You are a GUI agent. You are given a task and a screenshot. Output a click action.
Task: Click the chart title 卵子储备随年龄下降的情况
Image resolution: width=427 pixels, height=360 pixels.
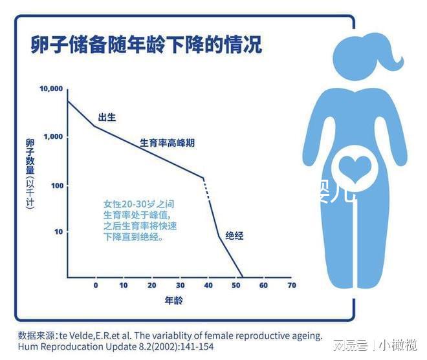click(146, 45)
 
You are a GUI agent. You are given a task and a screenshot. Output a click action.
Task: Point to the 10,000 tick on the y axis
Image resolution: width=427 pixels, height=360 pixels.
click(51, 89)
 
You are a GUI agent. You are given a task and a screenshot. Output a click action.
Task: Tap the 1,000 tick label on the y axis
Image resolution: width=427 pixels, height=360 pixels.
click(53, 137)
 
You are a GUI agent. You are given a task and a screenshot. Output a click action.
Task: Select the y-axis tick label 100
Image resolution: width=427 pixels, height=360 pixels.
click(57, 185)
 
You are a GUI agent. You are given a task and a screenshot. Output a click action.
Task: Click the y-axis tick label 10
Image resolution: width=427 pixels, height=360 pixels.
click(59, 231)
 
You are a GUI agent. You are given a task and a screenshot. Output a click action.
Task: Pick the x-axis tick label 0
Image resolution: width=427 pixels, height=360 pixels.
click(96, 285)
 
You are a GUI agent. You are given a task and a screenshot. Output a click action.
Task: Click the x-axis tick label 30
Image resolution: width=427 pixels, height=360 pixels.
click(180, 285)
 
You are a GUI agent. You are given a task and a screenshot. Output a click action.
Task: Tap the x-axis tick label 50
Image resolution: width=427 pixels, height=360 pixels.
click(235, 285)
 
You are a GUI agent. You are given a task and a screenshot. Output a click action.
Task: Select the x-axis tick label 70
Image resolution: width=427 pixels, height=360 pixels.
click(291, 285)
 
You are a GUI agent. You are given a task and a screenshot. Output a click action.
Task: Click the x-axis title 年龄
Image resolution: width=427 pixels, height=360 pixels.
click(173, 301)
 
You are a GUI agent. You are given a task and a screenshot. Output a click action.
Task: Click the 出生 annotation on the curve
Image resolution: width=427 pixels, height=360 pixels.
click(107, 118)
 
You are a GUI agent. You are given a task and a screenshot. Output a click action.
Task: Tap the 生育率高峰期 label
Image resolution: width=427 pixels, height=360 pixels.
click(167, 143)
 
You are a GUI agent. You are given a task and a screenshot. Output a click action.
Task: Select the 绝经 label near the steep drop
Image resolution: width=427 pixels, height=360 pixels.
click(234, 236)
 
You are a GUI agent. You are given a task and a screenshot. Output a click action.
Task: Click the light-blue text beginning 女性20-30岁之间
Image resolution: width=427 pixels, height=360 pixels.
click(140, 220)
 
